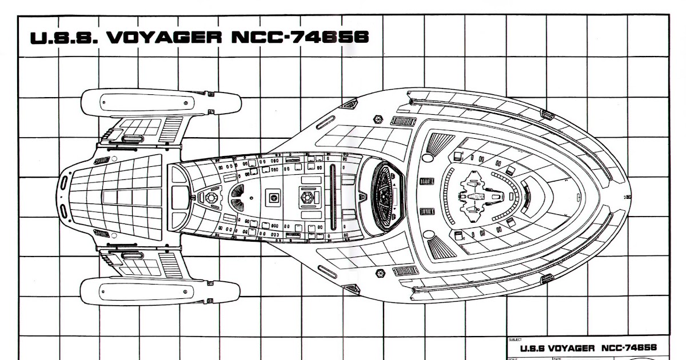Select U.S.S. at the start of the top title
tap(63, 37)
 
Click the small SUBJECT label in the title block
tap(514, 339)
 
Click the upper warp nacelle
tap(159, 103)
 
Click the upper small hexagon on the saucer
tap(379, 119)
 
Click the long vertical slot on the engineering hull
tap(333, 197)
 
